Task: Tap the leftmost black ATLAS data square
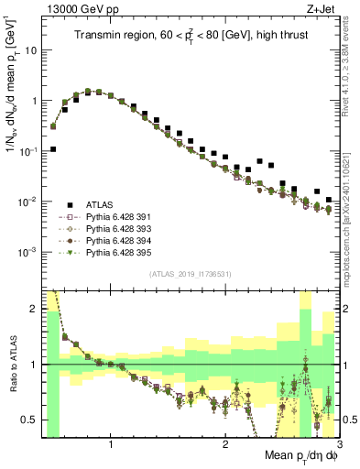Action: [x=53, y=149]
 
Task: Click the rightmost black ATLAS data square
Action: [x=330, y=198]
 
